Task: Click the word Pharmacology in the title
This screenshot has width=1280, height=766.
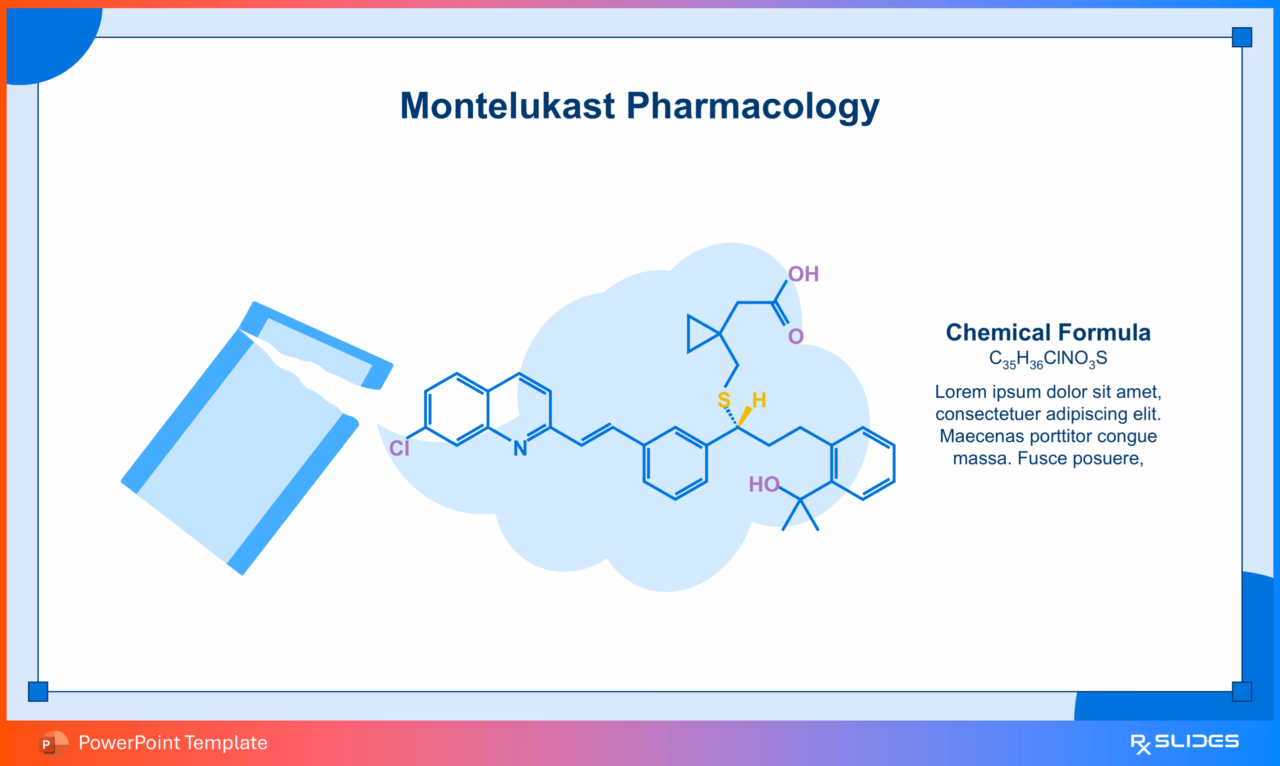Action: (753, 107)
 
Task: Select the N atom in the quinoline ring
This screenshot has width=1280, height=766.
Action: (520, 448)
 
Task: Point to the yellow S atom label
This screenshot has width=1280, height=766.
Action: (724, 400)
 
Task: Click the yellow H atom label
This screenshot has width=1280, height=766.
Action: (759, 400)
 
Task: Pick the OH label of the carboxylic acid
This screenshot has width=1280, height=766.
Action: (803, 274)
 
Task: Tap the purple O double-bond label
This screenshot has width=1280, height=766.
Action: (796, 337)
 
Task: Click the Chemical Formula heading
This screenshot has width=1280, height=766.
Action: (1048, 332)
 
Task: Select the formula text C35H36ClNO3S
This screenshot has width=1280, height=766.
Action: (1048, 358)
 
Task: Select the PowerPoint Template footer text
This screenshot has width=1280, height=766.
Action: (173, 743)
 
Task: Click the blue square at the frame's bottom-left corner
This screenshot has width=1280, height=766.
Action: (38, 691)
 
